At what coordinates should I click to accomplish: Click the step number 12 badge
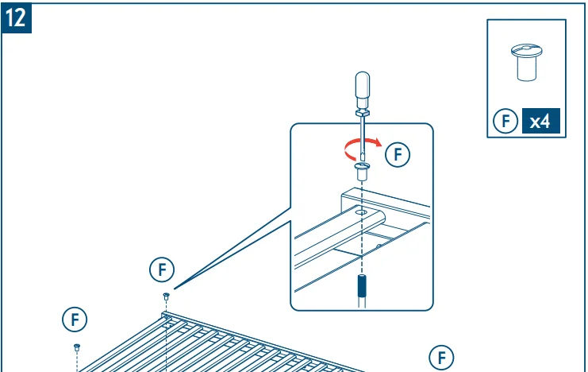click(16, 17)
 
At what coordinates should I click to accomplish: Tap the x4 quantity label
click(540, 121)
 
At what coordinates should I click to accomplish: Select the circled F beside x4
click(505, 121)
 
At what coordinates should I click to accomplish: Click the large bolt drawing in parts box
click(526, 62)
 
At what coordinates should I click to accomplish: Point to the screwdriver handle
click(363, 90)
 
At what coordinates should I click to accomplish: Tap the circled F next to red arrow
click(398, 154)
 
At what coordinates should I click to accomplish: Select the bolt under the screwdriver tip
click(362, 172)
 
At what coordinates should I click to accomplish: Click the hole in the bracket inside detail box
click(361, 212)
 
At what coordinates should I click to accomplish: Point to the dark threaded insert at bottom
click(362, 286)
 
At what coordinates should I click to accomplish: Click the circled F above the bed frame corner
click(162, 269)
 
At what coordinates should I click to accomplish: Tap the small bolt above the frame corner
click(167, 296)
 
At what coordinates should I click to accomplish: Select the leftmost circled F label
click(75, 320)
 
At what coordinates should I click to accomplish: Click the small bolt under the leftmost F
click(77, 347)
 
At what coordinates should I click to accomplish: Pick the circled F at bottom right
click(441, 358)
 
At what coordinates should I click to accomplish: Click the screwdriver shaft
click(363, 135)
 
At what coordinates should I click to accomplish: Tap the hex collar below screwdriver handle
click(363, 112)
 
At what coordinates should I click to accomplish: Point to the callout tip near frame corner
click(174, 289)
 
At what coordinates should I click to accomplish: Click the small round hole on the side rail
click(379, 246)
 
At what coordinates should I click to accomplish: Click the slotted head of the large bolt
click(526, 49)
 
